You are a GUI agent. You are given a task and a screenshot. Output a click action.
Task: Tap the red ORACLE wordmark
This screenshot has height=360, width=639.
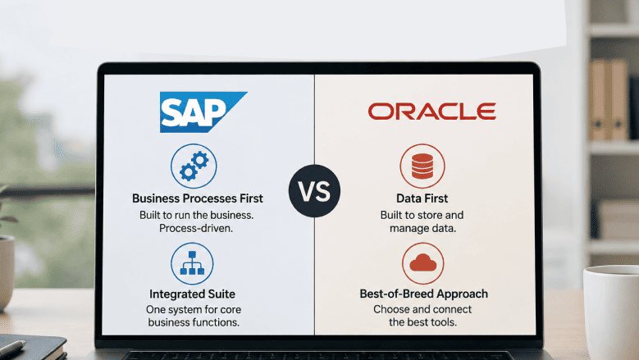432,112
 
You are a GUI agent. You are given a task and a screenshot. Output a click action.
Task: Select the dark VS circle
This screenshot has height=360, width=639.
314,190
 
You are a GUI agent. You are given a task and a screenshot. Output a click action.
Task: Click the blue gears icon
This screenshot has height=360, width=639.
194,166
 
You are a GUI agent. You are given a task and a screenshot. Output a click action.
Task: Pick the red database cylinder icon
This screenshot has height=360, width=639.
422,166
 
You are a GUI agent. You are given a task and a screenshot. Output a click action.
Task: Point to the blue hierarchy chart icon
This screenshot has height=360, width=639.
192,263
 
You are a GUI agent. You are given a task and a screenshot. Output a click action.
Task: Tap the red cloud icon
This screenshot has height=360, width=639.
422,263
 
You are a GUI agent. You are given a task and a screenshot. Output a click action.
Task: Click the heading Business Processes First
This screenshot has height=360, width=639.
198,198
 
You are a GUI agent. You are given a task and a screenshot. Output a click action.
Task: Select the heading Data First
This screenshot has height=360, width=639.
422,198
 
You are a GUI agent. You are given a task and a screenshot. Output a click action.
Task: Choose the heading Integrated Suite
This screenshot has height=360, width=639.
192,294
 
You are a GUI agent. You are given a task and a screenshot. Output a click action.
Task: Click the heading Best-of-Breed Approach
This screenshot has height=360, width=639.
424,294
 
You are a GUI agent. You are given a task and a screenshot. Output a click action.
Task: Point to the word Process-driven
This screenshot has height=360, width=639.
196,228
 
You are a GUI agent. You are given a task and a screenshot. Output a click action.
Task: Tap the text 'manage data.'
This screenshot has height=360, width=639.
422,228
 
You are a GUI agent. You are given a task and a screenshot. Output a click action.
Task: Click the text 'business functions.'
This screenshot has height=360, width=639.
194,322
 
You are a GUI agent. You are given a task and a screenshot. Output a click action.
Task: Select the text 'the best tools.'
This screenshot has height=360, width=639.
422,322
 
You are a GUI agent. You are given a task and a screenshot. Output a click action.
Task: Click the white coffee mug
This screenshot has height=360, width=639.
611,312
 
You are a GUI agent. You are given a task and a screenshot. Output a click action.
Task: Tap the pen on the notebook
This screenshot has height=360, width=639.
11,349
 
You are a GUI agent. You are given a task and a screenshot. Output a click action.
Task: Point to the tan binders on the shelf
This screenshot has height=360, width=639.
609,100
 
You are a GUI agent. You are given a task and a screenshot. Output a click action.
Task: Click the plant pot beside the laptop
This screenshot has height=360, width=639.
7,272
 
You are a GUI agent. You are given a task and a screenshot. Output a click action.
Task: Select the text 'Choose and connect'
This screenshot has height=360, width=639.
422,309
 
